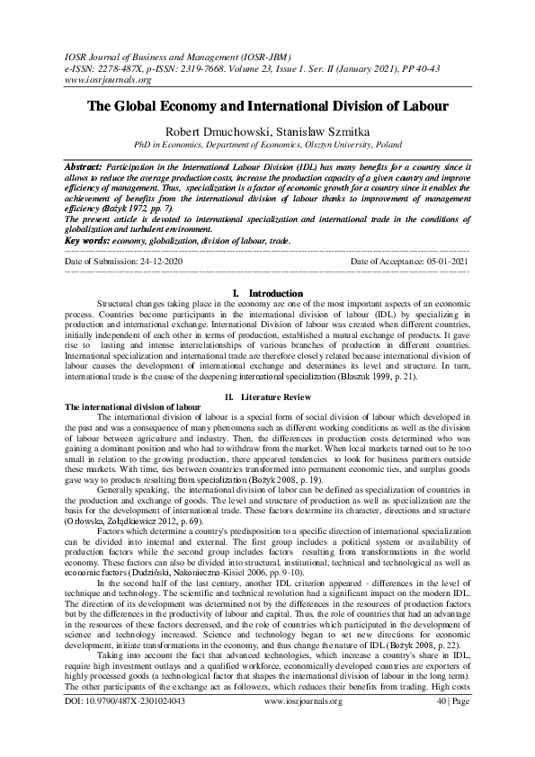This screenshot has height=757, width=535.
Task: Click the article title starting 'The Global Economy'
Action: click(267, 106)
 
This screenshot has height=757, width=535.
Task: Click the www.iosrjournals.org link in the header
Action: click(101, 78)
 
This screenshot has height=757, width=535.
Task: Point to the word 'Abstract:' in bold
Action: click(83, 167)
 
